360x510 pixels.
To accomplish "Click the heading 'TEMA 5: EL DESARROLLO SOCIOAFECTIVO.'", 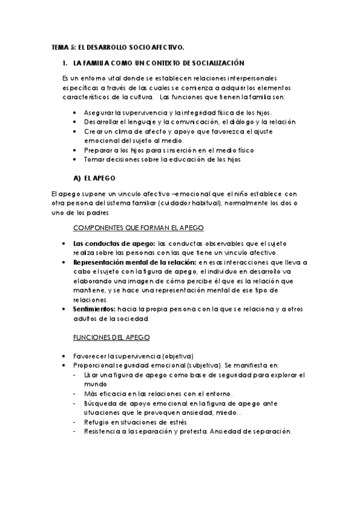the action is click(x=117, y=47).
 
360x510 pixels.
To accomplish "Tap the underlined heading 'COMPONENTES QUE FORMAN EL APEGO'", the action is click(x=138, y=228).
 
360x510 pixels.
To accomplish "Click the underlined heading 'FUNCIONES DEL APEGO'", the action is click(x=111, y=339).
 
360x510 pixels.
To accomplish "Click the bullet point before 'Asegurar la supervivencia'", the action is click(x=74, y=113).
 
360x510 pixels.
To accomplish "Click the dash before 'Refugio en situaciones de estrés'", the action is click(x=74, y=422).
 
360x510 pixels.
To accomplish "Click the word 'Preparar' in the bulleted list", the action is click(x=97, y=150).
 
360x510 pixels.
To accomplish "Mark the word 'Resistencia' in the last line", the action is click(x=105, y=432).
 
